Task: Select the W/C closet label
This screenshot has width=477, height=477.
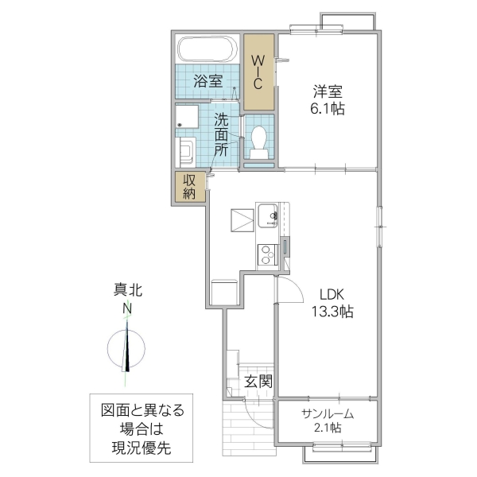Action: click(x=258, y=72)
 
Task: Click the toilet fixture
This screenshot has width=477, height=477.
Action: click(x=258, y=142)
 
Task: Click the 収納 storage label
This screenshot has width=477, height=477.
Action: click(x=190, y=186)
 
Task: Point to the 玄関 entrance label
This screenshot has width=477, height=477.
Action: click(x=258, y=382)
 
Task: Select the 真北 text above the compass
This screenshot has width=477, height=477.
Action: click(x=127, y=291)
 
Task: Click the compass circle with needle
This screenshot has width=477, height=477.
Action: click(x=126, y=348)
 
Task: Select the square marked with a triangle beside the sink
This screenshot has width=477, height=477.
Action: click(x=242, y=219)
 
